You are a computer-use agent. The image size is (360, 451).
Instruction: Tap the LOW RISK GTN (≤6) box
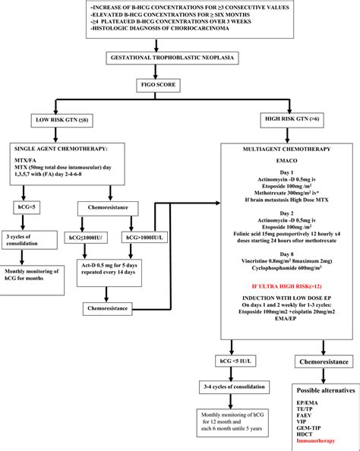(x=68, y=119)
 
